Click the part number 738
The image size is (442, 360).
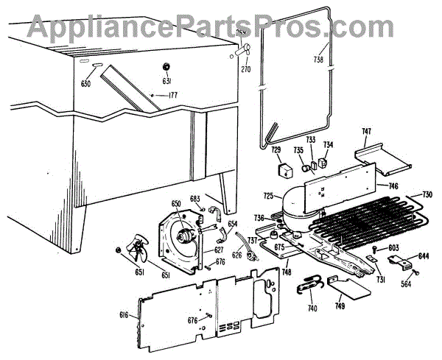(319, 60)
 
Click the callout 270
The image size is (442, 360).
(246, 70)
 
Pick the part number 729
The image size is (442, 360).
(276, 150)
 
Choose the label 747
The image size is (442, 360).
(366, 132)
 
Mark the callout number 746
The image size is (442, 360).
(393, 187)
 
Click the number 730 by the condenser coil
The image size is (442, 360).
(427, 196)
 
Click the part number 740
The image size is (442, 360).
(312, 308)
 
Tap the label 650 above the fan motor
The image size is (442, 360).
(176, 203)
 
